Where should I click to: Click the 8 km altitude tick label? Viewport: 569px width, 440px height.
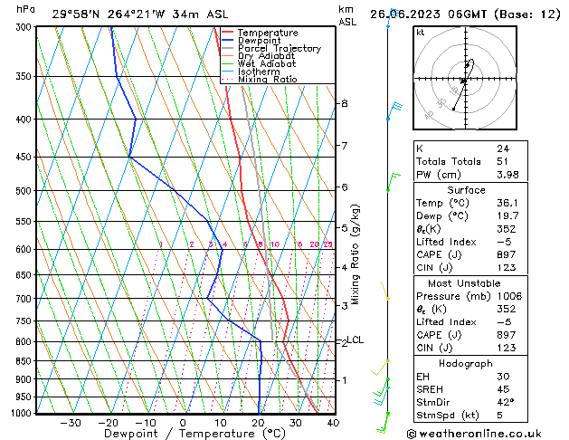click(x=345, y=103)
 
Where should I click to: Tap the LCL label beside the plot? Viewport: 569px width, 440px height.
click(x=356, y=340)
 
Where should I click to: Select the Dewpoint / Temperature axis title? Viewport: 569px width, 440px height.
click(x=183, y=434)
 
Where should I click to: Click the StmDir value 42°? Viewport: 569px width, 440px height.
click(x=505, y=402)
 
